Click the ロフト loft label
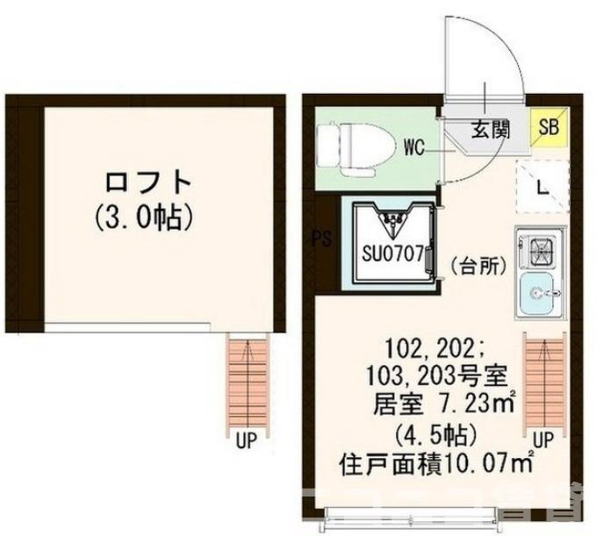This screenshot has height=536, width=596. pyautogui.click(x=147, y=182)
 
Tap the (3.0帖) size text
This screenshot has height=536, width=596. pyautogui.click(x=147, y=216)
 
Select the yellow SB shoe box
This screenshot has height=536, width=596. pyautogui.click(x=549, y=128)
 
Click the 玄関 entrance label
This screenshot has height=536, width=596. pyautogui.click(x=492, y=129)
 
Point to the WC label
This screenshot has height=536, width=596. pyautogui.click(x=415, y=147)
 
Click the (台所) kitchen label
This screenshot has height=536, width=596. pyautogui.click(x=478, y=266)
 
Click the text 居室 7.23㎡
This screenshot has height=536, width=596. pyautogui.click(x=444, y=404)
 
